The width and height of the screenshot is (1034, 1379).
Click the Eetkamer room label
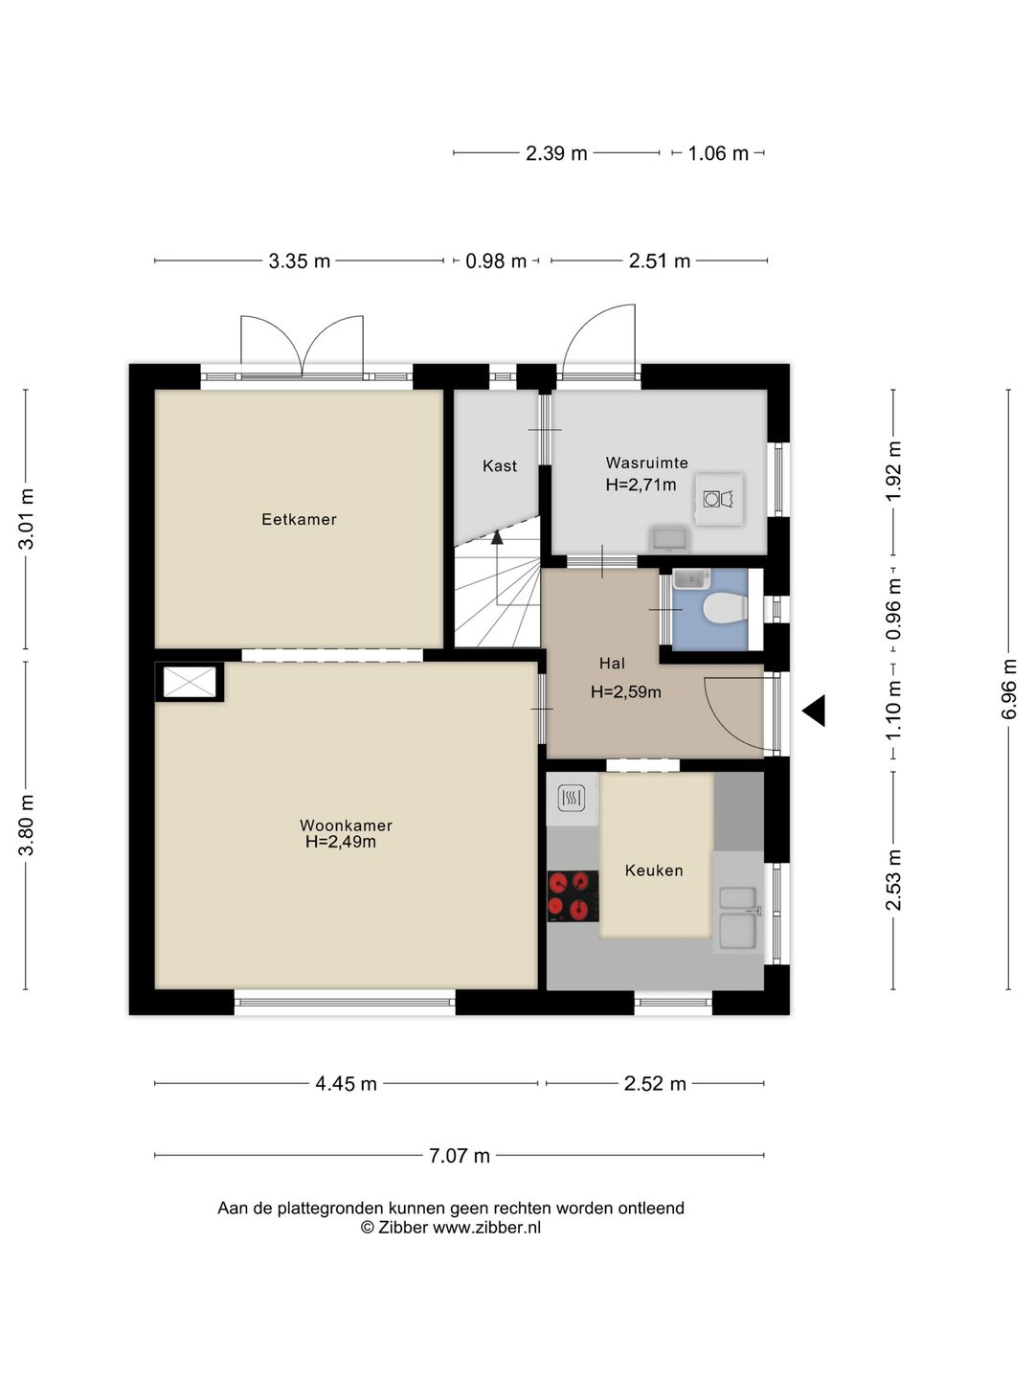[299, 519]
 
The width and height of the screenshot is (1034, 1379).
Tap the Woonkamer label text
[346, 825]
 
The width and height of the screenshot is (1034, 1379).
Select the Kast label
[500, 465]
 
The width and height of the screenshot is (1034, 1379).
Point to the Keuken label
[654, 870]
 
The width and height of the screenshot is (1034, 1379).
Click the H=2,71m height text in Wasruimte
[641, 485]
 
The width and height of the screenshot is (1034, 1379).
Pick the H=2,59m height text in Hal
[625, 692]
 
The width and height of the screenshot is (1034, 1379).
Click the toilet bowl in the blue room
[723, 608]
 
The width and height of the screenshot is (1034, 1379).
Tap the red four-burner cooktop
[573, 896]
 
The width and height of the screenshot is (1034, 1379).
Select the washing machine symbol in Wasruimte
[719, 499]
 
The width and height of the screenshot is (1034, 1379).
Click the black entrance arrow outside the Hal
[814, 711]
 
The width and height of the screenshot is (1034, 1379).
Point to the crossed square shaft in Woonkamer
[189, 682]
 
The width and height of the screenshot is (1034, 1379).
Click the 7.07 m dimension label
[459, 1155]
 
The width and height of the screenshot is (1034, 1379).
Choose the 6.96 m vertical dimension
[1008, 689]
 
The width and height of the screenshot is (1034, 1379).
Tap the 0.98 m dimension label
[496, 260]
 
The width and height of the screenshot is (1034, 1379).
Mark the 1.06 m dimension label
[718, 152]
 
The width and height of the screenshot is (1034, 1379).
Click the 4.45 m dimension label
[346, 1084]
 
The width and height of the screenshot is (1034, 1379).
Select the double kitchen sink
[737, 916]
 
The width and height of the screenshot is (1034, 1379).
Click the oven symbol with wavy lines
[572, 799]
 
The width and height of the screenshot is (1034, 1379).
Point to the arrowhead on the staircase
[497, 536]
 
